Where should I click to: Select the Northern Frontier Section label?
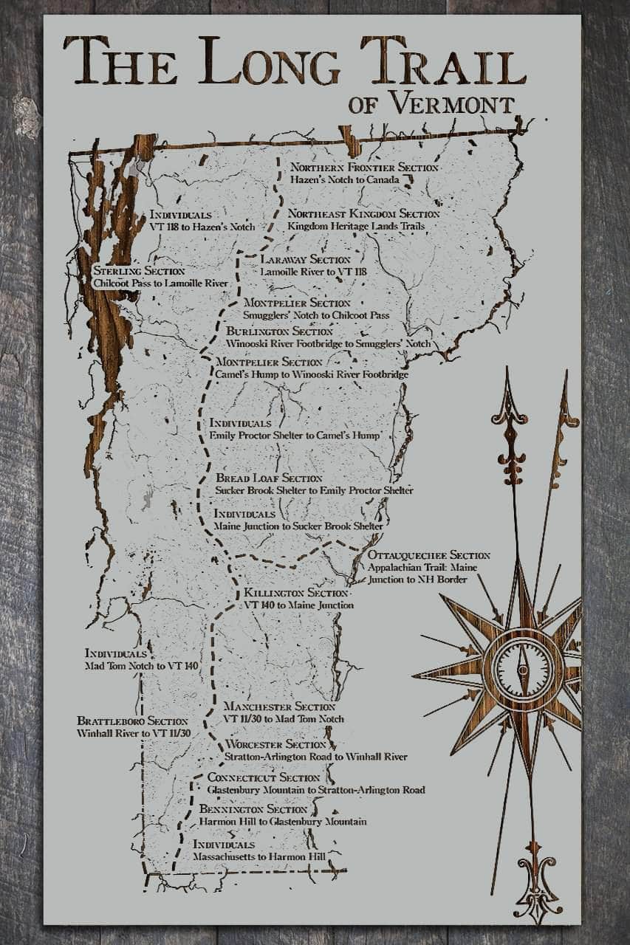click(364, 168)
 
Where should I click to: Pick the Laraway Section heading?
click(305, 260)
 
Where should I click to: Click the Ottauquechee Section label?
click(429, 555)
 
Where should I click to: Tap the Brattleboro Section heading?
click(132, 721)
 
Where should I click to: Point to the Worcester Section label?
click(275, 744)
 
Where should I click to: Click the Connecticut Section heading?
click(264, 777)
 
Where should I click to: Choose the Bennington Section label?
click(253, 810)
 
